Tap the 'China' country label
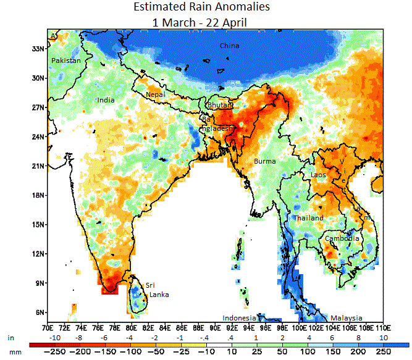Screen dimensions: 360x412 229,46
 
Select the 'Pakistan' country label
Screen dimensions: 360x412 66,61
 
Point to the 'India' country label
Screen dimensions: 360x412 106,100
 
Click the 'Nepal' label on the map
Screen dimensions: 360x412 156,94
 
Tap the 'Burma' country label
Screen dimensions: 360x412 264,161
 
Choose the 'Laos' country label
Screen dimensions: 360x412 318,175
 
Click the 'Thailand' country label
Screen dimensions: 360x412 308,219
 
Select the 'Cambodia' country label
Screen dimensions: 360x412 342,238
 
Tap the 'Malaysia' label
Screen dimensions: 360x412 347,318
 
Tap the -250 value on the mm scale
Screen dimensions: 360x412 54,351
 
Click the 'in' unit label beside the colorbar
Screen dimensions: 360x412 11,338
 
